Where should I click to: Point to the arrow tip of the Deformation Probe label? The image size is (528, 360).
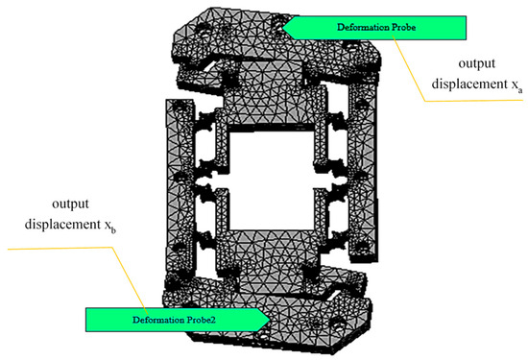[282, 28]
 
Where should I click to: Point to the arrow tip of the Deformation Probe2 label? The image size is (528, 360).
[270, 320]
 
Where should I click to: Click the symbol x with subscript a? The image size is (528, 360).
[516, 85]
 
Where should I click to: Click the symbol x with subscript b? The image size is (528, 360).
[109, 226]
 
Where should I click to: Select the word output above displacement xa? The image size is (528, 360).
[477, 63]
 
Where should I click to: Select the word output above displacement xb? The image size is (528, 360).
[70, 204]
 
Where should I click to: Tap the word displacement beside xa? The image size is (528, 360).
[469, 84]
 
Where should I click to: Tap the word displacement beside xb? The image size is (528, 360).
[62, 225]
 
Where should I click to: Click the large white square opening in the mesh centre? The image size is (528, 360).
[272, 180]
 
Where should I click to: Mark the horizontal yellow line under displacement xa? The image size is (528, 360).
[474, 101]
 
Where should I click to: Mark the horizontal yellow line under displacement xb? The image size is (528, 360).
[60, 249]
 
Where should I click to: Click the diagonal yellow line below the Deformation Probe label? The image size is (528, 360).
[409, 70]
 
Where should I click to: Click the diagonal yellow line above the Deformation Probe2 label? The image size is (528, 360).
[130, 277]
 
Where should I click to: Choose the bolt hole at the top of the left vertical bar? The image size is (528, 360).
[180, 107]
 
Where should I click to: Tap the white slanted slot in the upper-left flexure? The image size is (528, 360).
[209, 66]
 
